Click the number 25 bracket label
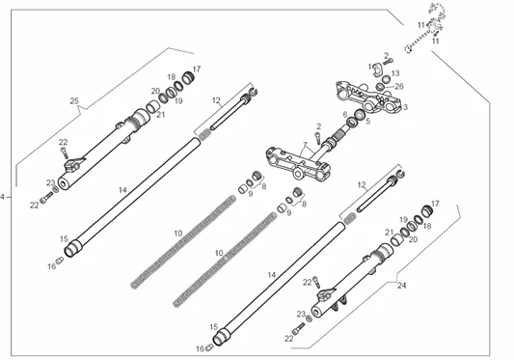(74, 100)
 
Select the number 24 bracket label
(401, 286)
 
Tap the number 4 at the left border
(3, 197)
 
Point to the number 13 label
(395, 72)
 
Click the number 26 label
(399, 86)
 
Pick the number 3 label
(405, 107)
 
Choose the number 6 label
(345, 114)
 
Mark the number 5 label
(367, 121)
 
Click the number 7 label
(305, 145)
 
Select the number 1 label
(370, 67)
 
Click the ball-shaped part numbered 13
(386, 79)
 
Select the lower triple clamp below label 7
(298, 163)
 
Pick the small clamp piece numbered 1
(378, 69)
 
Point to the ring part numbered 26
(380, 87)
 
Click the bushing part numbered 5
(360, 114)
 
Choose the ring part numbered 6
(351, 122)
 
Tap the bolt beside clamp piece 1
(388, 62)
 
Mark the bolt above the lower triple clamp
(317, 138)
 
